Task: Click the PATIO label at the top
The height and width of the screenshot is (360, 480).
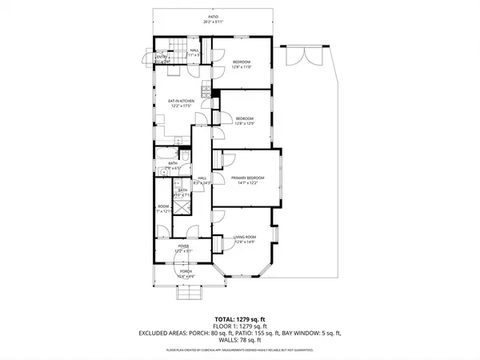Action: click(213, 16)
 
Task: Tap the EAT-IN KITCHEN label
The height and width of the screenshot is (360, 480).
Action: click(181, 101)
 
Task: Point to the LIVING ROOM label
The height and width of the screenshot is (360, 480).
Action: click(244, 236)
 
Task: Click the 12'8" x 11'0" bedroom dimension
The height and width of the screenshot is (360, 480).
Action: click(242, 67)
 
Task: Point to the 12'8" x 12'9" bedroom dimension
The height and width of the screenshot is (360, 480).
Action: click(245, 123)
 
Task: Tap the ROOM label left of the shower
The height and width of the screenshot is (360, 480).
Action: click(163, 206)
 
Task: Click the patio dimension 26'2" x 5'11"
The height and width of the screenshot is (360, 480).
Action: click(213, 22)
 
